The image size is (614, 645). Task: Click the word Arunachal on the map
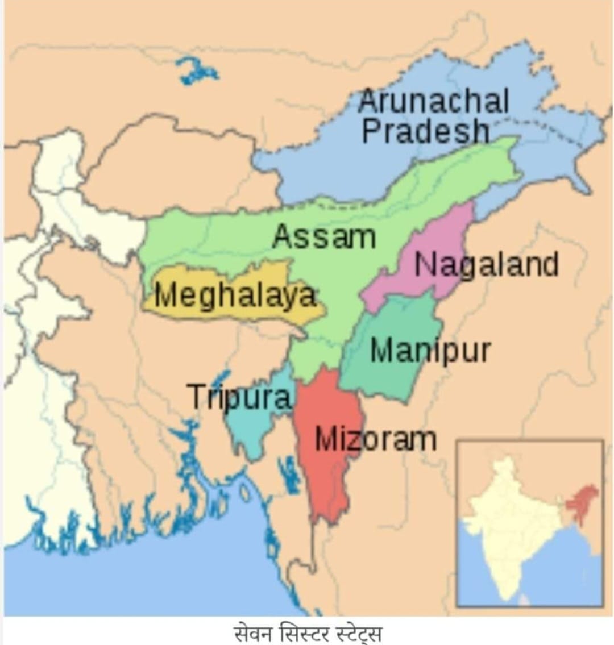click(433, 102)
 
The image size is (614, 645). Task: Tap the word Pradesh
click(425, 131)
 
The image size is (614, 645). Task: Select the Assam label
click(323, 236)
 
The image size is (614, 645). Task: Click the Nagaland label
click(487, 265)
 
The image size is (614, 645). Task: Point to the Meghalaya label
click(235, 296)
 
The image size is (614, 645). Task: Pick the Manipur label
click(430, 350)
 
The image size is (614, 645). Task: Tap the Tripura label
click(239, 397)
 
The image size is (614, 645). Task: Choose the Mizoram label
click(375, 439)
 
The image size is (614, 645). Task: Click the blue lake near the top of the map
click(196, 71)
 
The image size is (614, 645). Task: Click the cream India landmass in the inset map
click(512, 523)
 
